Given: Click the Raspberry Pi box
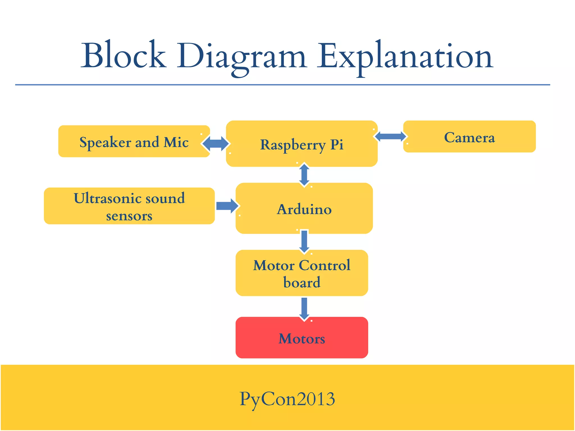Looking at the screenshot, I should point(302,144).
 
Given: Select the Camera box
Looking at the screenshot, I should point(469,137).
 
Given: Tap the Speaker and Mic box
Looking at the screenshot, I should point(134,141).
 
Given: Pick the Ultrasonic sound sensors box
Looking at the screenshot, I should point(129,206).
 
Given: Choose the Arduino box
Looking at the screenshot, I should point(304,208).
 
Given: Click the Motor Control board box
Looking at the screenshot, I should point(302,273).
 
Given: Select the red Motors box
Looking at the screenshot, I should point(302,338).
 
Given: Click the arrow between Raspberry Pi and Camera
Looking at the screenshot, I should point(390,137).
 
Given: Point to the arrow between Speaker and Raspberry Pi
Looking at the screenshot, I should point(216,144).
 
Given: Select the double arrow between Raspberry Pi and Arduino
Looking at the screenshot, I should point(304,175).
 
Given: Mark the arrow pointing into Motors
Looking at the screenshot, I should point(304,308).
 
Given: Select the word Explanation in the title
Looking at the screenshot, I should point(405,56).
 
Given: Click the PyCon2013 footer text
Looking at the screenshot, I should point(287,399).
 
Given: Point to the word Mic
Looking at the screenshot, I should point(176,142).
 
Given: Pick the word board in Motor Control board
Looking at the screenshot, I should point(302,282).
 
